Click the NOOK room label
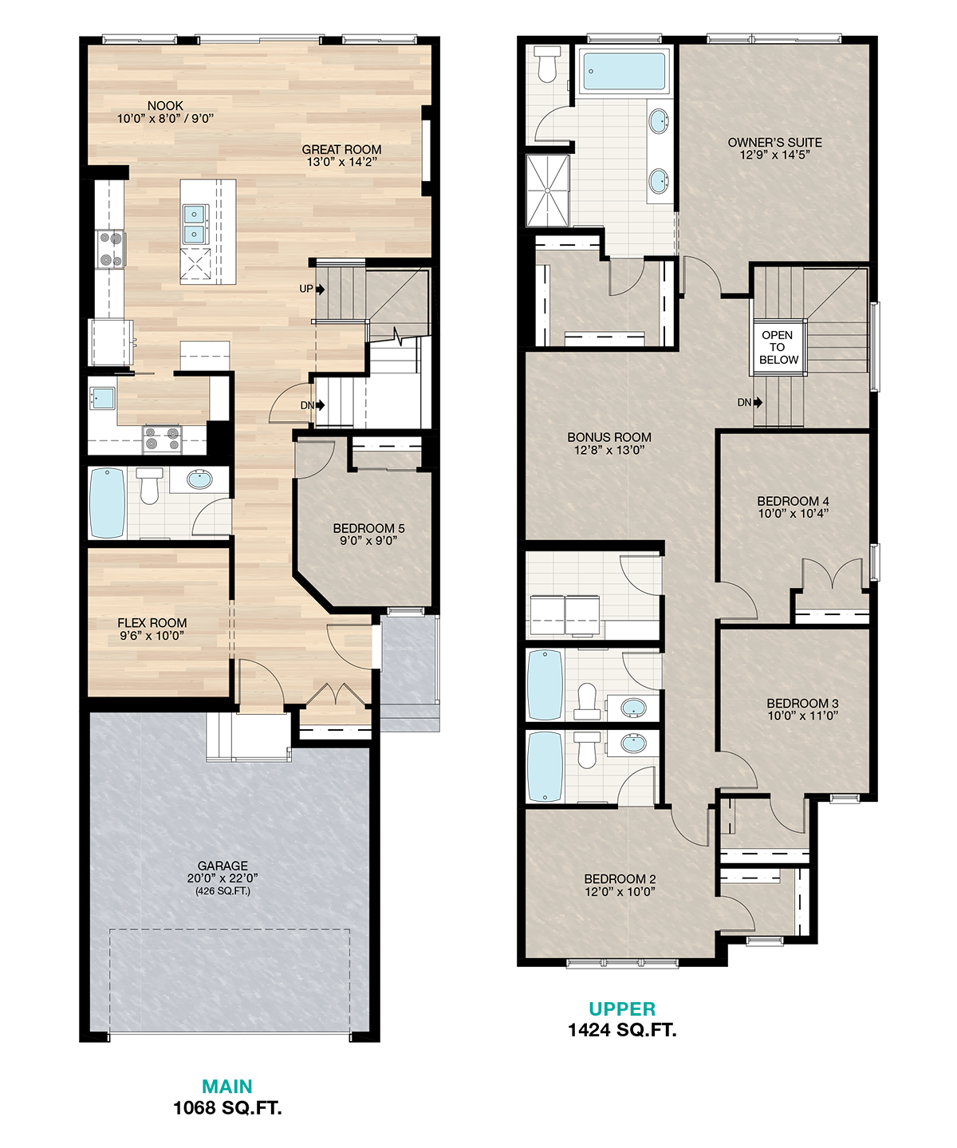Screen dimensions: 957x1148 coord(165,105)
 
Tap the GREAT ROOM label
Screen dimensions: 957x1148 coord(341,149)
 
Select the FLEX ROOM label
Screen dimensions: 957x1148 coord(152,623)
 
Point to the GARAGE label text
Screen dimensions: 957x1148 coord(223,866)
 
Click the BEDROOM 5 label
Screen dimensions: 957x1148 coord(368,528)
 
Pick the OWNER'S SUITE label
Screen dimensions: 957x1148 coord(775,142)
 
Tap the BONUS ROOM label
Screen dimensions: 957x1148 coord(609,438)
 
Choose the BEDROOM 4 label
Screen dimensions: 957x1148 coord(794,502)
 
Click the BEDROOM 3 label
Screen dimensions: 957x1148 coord(802,703)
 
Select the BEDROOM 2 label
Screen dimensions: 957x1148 coord(620,879)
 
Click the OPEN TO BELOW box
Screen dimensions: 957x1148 coord(778,348)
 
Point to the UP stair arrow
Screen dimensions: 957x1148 coord(321,290)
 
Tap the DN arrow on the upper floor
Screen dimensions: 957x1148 coord(758,402)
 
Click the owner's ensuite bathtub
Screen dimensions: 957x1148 coord(624,71)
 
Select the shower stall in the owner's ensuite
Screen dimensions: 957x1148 coord(548,191)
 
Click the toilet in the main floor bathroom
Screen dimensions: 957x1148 coord(149,486)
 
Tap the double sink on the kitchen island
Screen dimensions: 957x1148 coord(195,223)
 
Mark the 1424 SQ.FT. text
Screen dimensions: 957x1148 coord(622,1030)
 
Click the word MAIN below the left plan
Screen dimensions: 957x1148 coord(227,1087)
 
